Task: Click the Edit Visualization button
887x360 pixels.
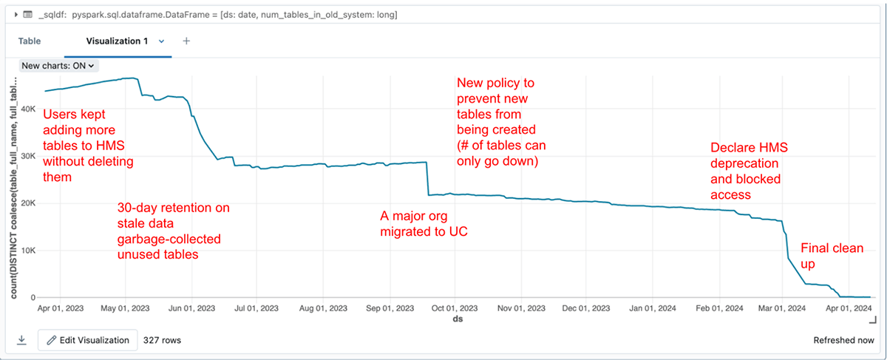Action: [87, 340]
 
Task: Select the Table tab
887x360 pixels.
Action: [30, 41]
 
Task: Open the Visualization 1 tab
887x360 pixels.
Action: [114, 41]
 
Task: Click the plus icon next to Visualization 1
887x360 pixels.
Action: [186, 41]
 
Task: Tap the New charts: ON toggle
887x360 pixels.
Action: [58, 65]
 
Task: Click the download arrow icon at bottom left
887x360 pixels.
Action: [21, 340]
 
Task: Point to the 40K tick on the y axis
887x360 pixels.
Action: [27, 109]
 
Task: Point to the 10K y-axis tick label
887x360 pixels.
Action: [27, 251]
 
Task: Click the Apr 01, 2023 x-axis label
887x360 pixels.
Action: [60, 308]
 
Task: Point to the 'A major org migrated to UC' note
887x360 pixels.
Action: [424, 224]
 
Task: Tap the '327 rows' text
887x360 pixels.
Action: [162, 340]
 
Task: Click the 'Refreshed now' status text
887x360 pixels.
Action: [843, 340]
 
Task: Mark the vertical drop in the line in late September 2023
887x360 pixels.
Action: [427, 179]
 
